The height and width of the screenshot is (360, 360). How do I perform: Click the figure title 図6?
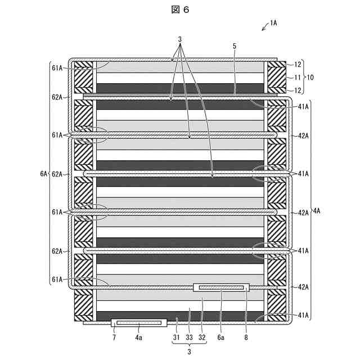(181, 11)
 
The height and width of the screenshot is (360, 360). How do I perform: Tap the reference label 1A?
(274, 23)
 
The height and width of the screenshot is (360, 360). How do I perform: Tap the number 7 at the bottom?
(114, 338)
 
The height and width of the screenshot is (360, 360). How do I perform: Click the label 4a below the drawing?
(139, 338)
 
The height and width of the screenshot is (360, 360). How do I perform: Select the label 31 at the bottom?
(175, 338)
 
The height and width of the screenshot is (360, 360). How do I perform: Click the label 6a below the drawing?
(222, 338)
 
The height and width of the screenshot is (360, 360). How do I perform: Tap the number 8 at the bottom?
(246, 338)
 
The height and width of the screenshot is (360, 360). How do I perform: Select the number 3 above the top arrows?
(180, 39)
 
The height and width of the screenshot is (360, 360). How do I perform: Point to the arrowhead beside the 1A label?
(263, 29)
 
